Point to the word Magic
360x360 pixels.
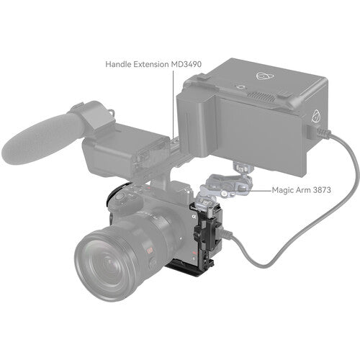click(x=259, y=191)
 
